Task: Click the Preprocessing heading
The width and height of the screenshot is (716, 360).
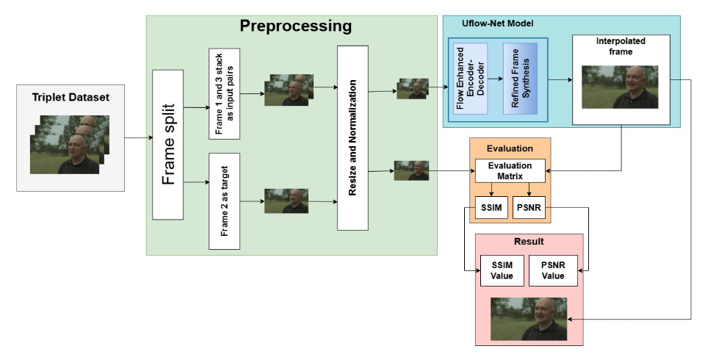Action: [296, 27]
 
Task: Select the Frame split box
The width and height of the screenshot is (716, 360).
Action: [167, 144]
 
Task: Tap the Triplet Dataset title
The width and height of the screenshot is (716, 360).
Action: [65, 97]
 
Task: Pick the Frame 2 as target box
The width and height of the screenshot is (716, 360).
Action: [225, 200]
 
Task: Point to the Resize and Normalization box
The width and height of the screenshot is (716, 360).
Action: [352, 137]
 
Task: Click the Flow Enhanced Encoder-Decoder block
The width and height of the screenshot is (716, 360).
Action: [471, 76]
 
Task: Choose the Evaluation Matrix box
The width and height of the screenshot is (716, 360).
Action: [510, 170]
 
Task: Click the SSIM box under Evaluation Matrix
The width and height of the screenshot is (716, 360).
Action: [490, 208]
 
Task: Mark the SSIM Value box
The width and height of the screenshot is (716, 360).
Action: [500, 270]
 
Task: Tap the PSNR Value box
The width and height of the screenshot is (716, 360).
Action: [553, 270]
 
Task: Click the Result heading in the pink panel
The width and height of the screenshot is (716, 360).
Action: [529, 242]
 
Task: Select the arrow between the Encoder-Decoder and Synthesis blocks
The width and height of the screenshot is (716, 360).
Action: [495, 77]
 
